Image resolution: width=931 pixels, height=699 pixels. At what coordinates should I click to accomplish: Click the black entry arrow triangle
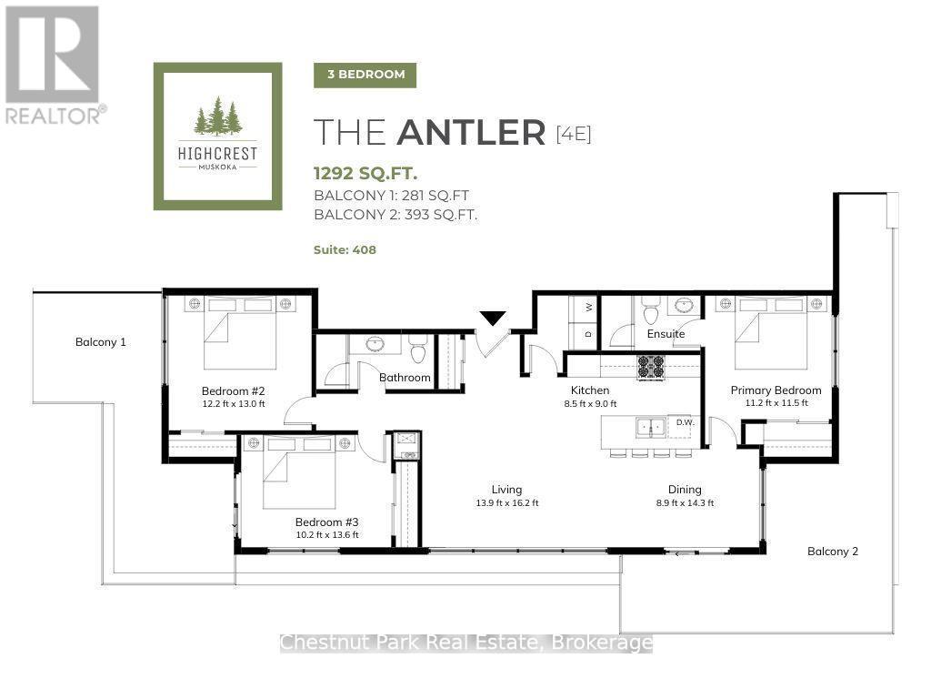(493, 318)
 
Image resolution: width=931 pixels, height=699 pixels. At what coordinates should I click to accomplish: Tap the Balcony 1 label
(100, 342)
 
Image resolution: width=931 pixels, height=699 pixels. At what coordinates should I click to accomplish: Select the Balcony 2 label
(833, 551)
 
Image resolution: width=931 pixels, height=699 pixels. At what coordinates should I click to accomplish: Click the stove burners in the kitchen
(650, 367)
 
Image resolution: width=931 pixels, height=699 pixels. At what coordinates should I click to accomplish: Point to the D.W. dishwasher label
(685, 422)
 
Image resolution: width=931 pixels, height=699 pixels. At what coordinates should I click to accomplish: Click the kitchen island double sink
(650, 427)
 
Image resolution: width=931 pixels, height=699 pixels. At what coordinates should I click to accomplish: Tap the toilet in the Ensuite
(652, 309)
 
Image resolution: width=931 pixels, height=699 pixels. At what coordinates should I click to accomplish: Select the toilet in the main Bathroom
(418, 349)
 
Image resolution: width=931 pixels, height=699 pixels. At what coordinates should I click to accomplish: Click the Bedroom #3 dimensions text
(327, 534)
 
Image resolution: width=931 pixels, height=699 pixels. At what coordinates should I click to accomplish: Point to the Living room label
(506, 489)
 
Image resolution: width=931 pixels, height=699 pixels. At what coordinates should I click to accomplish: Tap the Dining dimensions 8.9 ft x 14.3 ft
(685, 502)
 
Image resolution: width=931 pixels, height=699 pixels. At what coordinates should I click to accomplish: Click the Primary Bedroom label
(776, 390)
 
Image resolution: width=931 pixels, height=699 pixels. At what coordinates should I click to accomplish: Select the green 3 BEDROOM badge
(365, 75)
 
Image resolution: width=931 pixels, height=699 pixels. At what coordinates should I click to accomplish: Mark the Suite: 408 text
(345, 249)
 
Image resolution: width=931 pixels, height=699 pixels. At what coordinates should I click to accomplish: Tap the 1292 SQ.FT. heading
(365, 173)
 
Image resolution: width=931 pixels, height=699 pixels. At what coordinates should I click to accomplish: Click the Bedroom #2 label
(233, 390)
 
